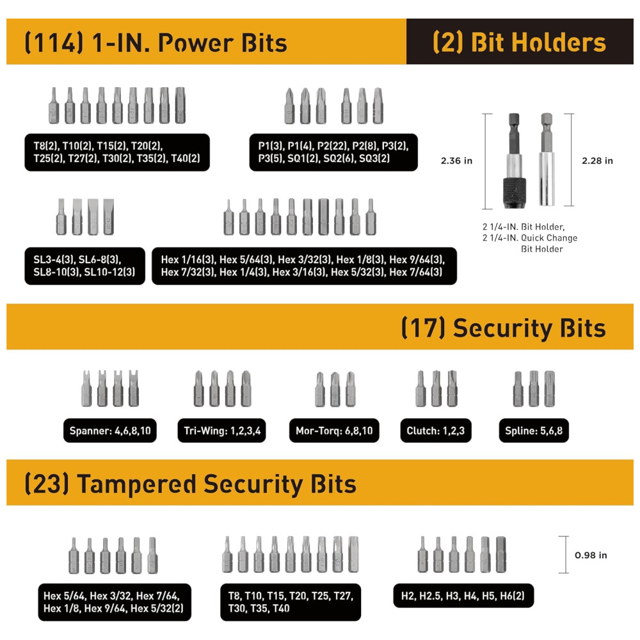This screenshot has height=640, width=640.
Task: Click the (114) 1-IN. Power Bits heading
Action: tap(156, 43)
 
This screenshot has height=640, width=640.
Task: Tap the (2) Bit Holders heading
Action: tap(519, 42)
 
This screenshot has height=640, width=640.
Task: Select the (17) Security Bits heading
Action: tap(504, 328)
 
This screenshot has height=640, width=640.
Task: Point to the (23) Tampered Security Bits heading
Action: tap(190, 484)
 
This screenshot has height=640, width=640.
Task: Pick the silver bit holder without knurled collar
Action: tap(547, 159)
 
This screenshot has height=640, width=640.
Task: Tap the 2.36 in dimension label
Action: tap(456, 161)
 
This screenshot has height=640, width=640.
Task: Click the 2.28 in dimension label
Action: tap(597, 161)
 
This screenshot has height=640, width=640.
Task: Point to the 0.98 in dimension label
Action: tap(591, 555)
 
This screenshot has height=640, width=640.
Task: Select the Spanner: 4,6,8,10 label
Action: tap(110, 431)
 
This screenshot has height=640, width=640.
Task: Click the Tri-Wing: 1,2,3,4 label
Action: tap(221, 431)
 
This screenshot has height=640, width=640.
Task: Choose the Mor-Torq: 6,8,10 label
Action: tap(334, 431)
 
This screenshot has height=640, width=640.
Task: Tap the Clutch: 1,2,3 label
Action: tap(436, 431)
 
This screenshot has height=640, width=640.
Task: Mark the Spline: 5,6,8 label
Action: tap(534, 431)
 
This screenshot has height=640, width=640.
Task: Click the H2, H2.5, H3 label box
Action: tap(463, 596)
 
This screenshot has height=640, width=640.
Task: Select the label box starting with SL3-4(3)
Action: tap(85, 266)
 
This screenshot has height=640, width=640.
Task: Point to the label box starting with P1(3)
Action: tap(333, 152)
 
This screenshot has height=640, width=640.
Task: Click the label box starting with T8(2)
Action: tap(117, 152)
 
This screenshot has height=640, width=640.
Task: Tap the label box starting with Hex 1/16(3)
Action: tap(304, 266)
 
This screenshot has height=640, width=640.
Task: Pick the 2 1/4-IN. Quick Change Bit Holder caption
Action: tap(530, 243)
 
